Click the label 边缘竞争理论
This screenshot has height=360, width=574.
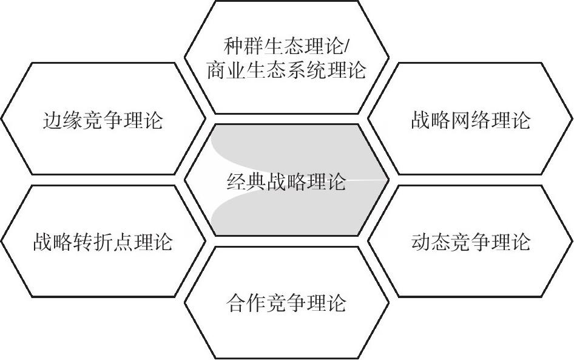click(103, 120)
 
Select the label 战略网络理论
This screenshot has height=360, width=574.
click(470, 120)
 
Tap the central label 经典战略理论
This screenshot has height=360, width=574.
click(286, 181)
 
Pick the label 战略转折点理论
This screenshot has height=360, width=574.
click(103, 242)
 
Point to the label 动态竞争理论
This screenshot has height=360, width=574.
click(470, 242)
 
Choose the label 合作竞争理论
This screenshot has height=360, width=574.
click(286, 302)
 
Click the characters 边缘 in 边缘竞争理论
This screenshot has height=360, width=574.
click(63, 120)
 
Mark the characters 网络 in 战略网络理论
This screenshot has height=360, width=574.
click(470, 120)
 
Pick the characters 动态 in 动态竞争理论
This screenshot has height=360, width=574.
click(431, 242)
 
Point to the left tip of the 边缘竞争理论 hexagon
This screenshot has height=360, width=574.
click(2, 119)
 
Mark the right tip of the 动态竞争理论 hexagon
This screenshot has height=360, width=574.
click(572, 242)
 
